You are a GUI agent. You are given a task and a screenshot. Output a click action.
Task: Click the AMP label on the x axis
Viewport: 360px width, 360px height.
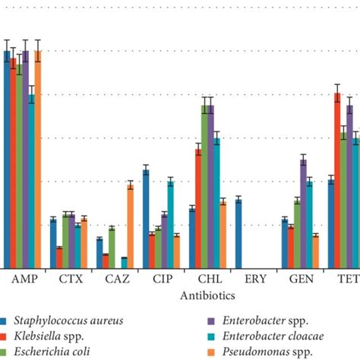[x=22, y=279]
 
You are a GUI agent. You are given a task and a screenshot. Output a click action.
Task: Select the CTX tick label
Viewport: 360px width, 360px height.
[x=71, y=279]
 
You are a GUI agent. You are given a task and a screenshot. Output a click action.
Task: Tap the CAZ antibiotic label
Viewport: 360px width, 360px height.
[x=116, y=279]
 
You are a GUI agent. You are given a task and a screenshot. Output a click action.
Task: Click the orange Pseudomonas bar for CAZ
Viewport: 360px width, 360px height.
[x=130, y=226]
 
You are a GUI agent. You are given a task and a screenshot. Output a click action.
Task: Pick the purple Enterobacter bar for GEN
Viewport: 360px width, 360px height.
[x=303, y=213]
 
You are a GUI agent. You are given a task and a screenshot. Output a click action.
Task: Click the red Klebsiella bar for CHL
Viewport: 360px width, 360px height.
[x=198, y=208]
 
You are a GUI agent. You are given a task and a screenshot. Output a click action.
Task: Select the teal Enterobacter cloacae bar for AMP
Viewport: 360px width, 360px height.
[x=31, y=182]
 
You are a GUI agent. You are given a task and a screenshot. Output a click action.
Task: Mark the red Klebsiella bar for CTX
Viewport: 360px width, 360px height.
[x=59, y=257]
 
